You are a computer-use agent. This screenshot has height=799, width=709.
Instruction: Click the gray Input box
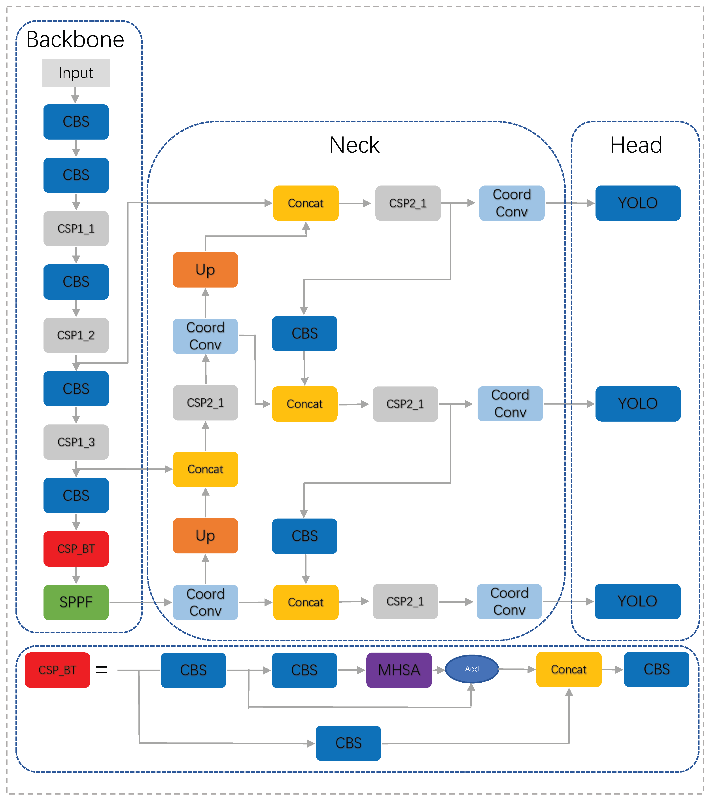pos(76,73)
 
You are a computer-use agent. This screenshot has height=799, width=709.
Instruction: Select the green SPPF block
pos(76,602)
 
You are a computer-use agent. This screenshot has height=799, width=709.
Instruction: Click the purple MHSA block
pos(399,670)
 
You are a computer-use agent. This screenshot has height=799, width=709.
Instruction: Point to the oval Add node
pos(472,669)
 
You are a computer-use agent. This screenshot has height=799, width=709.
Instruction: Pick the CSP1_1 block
pos(76,228)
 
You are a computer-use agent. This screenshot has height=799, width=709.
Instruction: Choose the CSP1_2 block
pos(76,335)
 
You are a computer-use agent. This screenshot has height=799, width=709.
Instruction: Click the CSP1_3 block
pos(76,442)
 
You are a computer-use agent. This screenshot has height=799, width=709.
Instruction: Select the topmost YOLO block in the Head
pos(637,203)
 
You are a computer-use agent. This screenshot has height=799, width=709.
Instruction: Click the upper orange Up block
pos(205,270)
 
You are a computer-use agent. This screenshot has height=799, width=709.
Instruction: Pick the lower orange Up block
pos(205,536)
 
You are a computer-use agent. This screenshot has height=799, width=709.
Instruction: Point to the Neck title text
pos(354,145)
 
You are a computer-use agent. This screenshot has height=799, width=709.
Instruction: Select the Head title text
pos(636,145)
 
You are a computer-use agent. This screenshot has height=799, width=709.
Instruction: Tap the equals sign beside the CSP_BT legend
pos(102,670)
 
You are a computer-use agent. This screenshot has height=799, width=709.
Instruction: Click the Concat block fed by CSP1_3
pos(205,469)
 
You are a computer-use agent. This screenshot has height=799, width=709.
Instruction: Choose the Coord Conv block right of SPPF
pos(205,602)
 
